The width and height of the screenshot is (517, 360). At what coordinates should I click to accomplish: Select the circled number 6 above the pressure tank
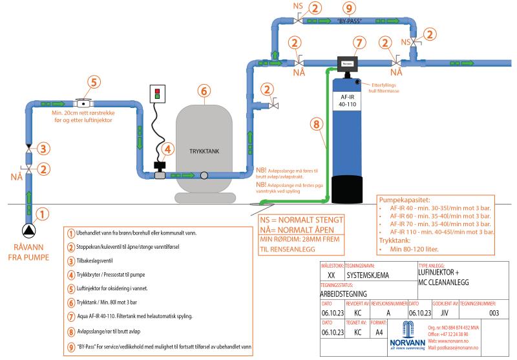[x=204, y=90]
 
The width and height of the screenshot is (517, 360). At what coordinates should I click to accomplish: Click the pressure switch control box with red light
[x=158, y=94]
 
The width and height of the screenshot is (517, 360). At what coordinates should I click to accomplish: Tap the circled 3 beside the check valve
[x=41, y=149]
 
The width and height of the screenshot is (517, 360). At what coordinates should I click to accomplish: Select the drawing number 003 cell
[x=494, y=313]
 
